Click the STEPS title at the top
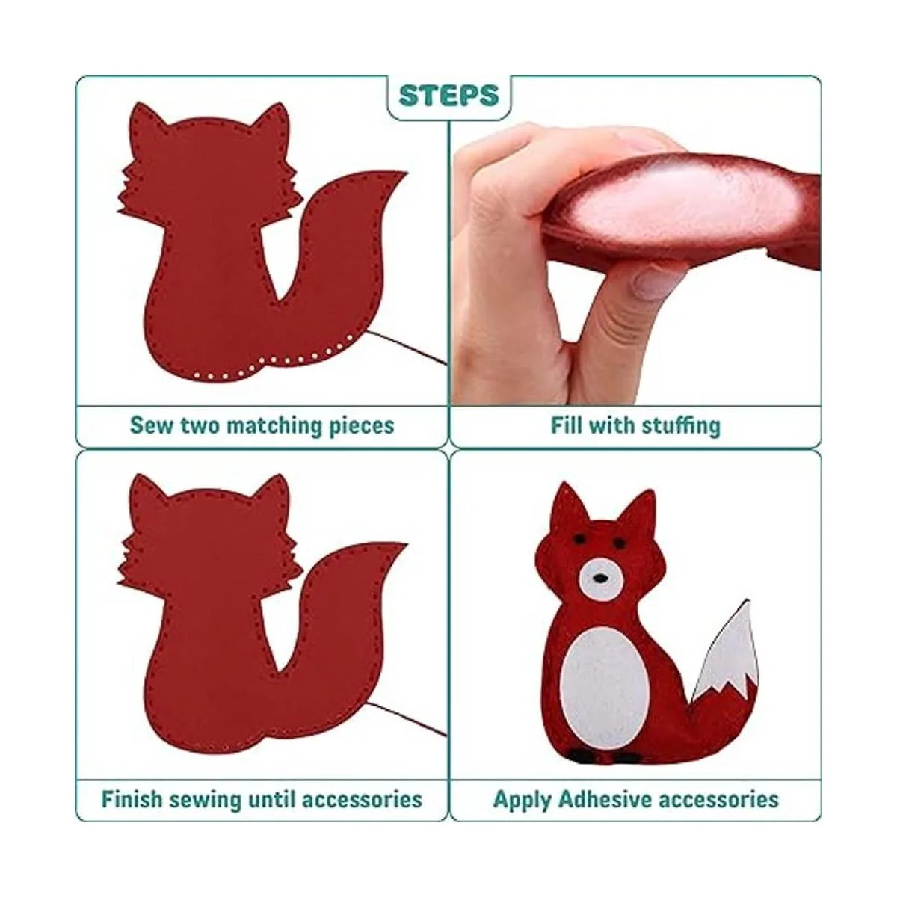[449, 96]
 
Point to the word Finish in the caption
[132, 786]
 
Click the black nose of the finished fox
[600, 579]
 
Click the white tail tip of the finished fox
[725, 660]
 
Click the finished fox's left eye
[579, 539]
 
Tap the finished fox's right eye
[619, 542]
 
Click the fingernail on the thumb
[651, 282]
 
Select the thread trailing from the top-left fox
[406, 348]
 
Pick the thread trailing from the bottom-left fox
[406, 719]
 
